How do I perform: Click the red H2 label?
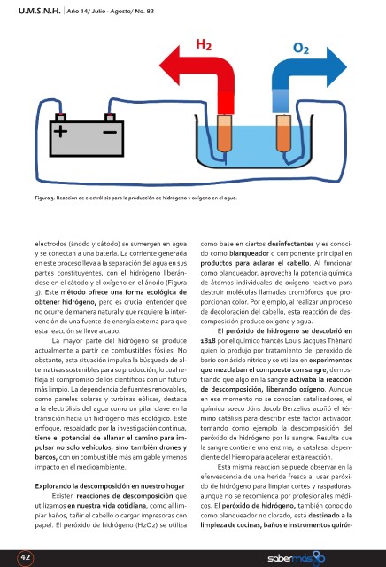pyautogui.click(x=204, y=44)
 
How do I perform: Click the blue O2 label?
pyautogui.click(x=301, y=48)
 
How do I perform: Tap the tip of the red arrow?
pyautogui.click(x=159, y=66)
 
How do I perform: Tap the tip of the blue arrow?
pyautogui.click(x=347, y=67)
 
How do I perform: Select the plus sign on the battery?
pyautogui.click(x=60, y=131)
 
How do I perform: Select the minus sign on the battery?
pyautogui.click(x=110, y=132)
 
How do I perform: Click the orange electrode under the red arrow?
pyautogui.click(x=224, y=133)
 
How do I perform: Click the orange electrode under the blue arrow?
pyautogui.click(x=283, y=133)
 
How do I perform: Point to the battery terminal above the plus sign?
pyautogui.click(x=61, y=117)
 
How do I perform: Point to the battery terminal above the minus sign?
pyautogui.click(x=110, y=117)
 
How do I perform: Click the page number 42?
pyautogui.click(x=26, y=557)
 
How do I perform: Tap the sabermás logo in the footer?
pyautogui.click(x=296, y=559)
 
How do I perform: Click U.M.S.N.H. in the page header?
pyautogui.click(x=39, y=11)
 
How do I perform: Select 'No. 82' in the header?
pyautogui.click(x=144, y=12)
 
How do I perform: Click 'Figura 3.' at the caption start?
pyautogui.click(x=45, y=198)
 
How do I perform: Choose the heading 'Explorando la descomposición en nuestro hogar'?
pyautogui.click(x=110, y=486)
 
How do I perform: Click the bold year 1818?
pyautogui.click(x=208, y=340)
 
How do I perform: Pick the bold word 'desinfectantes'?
pyautogui.click(x=290, y=244)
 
